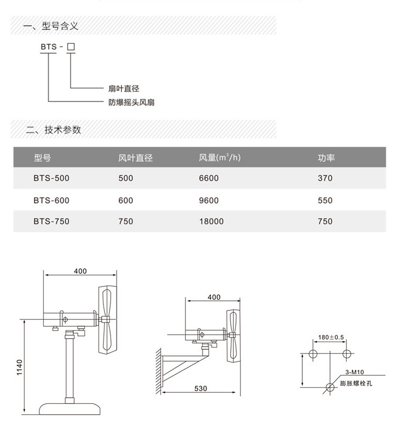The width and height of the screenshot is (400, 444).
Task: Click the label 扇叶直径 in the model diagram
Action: [124, 89]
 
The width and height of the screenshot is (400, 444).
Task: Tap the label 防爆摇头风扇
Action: [132, 103]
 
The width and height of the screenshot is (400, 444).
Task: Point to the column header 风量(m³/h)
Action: [220, 158]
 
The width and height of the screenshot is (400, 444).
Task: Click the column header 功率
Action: [326, 158]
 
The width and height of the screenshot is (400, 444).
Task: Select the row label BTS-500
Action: [51, 178]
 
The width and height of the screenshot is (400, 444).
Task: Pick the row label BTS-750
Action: [51, 221]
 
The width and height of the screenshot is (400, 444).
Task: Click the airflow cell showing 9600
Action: [209, 201]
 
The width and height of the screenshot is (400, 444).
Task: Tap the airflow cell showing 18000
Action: [211, 221]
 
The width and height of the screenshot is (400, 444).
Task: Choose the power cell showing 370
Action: [325, 178]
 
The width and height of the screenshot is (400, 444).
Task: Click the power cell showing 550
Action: [325, 201]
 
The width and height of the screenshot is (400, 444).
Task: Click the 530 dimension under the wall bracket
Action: [200, 388]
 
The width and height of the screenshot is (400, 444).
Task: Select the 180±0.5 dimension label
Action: [331, 337]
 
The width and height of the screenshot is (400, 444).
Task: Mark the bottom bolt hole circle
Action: [329, 387]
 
